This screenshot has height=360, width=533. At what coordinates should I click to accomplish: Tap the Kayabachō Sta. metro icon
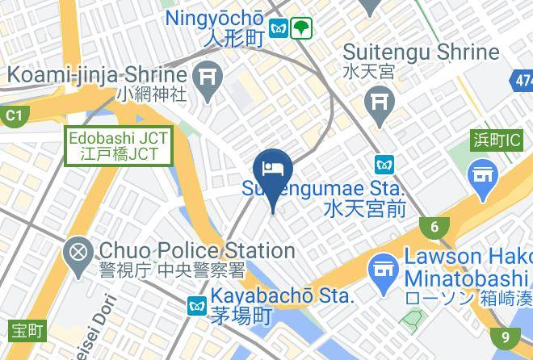pyautogui.click(x=196, y=306)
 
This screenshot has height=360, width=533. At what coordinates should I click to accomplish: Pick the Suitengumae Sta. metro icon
pyautogui.click(x=384, y=164)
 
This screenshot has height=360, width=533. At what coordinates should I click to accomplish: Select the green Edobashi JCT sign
pyautogui.click(x=118, y=145)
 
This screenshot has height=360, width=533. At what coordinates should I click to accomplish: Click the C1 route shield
pyautogui.click(x=13, y=116)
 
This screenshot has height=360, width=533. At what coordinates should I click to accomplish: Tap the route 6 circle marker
pyautogui.click(x=434, y=228)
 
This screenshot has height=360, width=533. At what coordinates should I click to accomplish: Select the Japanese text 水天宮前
pyautogui.click(x=363, y=211)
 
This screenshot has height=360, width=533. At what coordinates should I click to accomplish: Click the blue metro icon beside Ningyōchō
pyautogui.click(x=279, y=27)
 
